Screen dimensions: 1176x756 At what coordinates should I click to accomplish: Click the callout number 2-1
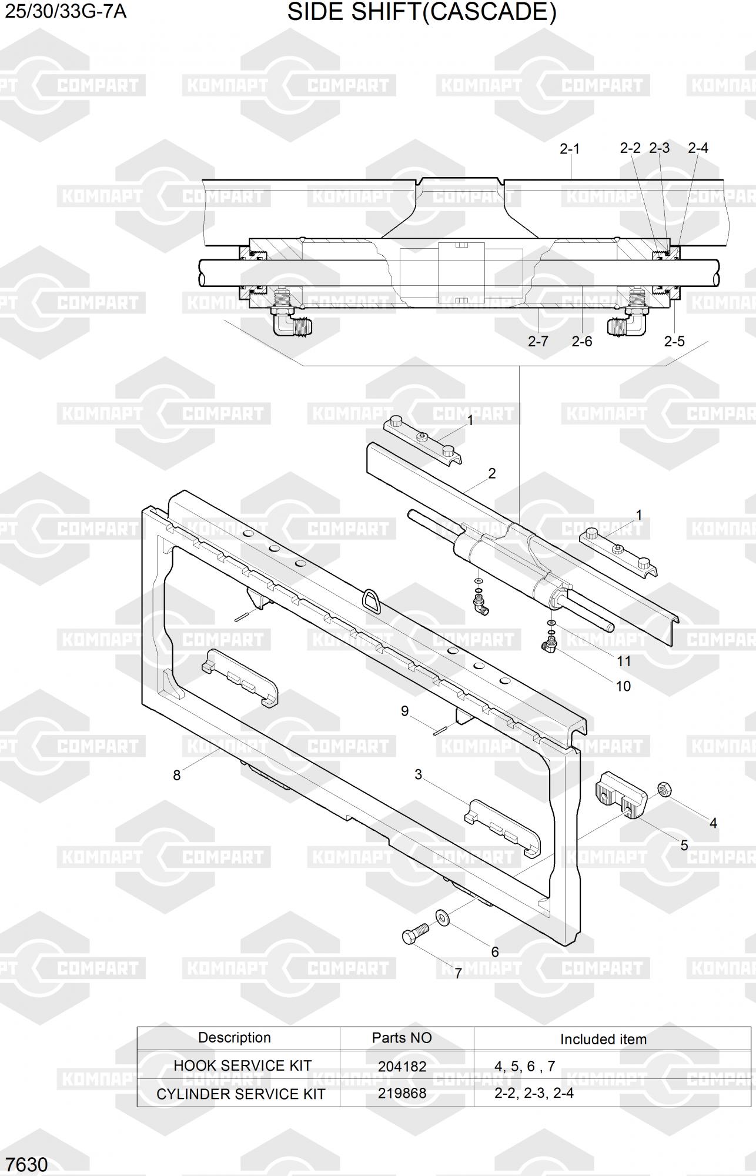click(569, 149)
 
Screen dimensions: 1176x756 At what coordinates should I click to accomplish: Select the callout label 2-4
click(698, 148)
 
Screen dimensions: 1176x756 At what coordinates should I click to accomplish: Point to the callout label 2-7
click(538, 341)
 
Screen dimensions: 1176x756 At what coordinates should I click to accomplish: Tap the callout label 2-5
click(674, 341)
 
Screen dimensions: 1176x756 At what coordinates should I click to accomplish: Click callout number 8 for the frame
click(176, 775)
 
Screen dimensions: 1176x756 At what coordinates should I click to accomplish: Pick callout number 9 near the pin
click(404, 711)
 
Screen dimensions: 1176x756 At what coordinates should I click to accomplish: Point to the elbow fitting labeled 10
click(550, 646)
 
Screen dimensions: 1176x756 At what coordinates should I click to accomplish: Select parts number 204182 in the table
click(402, 1066)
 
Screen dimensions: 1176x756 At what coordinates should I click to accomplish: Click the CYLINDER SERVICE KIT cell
click(240, 1094)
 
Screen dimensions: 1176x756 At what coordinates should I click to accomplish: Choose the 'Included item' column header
click(603, 1039)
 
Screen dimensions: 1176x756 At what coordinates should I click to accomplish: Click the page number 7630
click(26, 1165)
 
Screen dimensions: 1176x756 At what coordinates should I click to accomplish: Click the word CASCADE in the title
click(489, 12)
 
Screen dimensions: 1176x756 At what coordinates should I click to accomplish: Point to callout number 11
click(624, 661)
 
